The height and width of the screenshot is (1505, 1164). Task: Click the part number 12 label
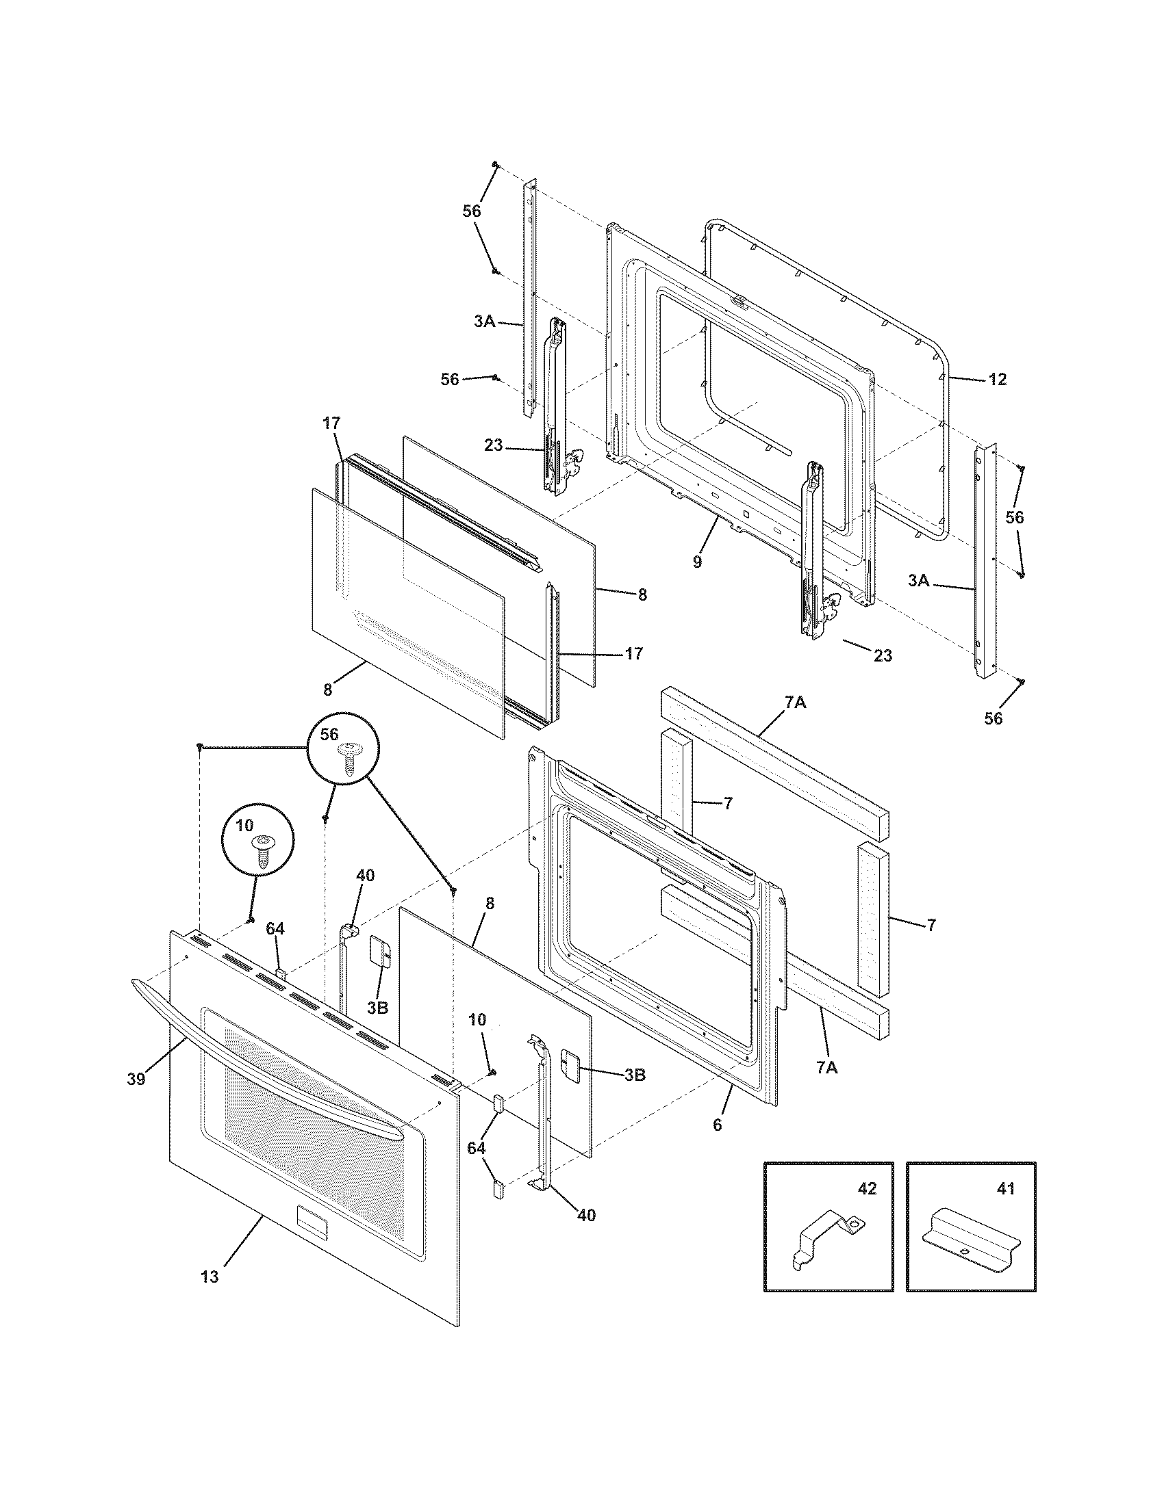[997, 379]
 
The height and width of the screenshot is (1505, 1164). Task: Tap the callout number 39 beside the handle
[136, 1079]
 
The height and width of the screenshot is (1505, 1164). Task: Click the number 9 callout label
[697, 562]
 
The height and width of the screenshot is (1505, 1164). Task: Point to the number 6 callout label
[717, 1125]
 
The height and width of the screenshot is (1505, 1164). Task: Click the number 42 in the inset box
[867, 1189]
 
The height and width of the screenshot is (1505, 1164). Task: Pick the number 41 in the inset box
[1005, 1189]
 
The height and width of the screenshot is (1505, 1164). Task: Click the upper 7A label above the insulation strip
[795, 703]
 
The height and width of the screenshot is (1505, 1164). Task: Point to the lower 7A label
[827, 1068]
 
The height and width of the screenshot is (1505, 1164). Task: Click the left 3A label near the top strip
[484, 321]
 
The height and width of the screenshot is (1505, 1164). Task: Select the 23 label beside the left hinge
[494, 445]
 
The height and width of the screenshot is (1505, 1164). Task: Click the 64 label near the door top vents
[275, 930]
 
